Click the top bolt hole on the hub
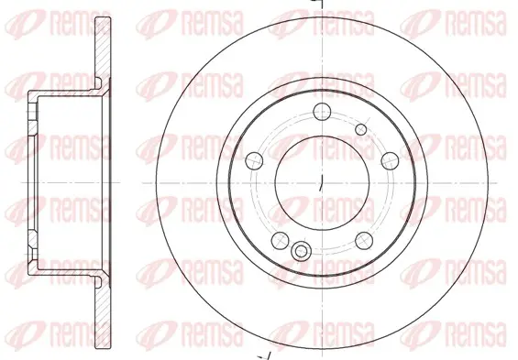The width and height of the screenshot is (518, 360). point(322,112)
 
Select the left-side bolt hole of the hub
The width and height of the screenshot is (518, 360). point(255,160)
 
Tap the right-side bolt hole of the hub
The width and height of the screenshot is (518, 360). point(391,160)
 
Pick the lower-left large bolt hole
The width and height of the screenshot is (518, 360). point(281,240)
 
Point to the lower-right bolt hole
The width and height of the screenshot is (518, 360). point(364,240)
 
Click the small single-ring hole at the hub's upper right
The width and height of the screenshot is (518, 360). point(360,129)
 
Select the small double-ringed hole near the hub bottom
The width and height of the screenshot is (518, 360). point(301,251)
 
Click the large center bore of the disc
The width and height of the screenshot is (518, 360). point(322,182)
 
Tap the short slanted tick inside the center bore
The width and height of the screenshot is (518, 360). point(321,183)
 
